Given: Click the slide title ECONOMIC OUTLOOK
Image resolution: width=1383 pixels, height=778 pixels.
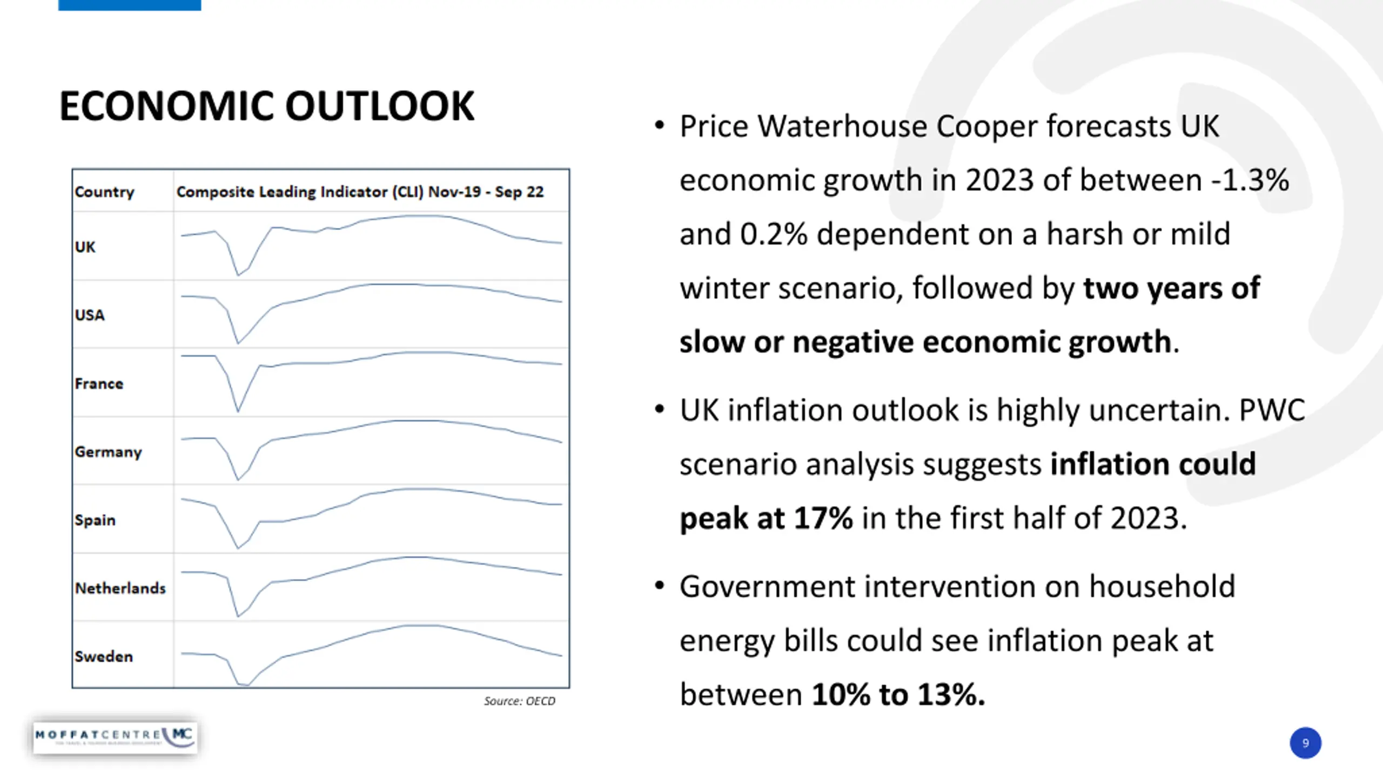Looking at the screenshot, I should [266, 106].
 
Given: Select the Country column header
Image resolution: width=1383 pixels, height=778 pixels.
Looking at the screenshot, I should [104, 192].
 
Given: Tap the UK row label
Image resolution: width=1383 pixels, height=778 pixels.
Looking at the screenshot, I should [85, 247].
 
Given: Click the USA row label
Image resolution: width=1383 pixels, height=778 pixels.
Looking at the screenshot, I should [90, 315].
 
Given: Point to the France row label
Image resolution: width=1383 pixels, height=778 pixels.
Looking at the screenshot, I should [99, 384].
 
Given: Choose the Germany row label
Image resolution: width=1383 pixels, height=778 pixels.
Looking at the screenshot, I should [108, 452].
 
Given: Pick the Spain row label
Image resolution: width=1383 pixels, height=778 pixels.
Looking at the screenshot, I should [95, 520].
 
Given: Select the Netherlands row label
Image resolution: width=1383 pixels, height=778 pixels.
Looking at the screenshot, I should [120, 588].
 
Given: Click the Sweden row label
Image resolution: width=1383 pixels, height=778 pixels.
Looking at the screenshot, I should [104, 656].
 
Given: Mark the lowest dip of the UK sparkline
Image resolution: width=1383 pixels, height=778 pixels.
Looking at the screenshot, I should [238, 275].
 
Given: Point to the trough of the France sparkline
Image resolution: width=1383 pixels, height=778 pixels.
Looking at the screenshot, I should [238, 411].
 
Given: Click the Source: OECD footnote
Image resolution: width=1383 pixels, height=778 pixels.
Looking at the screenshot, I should [519, 701].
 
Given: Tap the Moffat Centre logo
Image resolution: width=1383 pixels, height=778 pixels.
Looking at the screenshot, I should [115, 736].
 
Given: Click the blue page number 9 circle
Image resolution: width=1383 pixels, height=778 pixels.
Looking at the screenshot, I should [1305, 743].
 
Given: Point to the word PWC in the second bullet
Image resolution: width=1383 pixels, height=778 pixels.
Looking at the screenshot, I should [1272, 411].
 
